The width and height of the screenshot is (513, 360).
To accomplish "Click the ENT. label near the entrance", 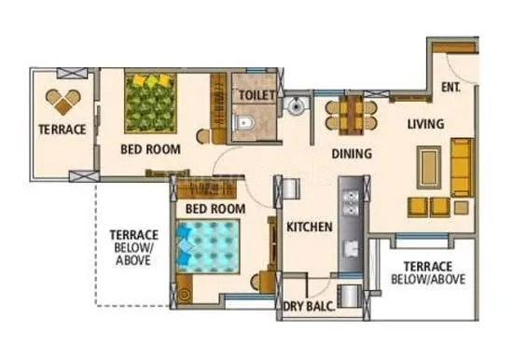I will click(x=451, y=89).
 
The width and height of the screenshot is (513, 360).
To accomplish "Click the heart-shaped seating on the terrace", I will click(x=64, y=100).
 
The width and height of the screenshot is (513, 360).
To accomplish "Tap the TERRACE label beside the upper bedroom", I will click(x=62, y=129).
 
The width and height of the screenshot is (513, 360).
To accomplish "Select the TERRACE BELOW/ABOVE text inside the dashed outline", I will click(x=133, y=248).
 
